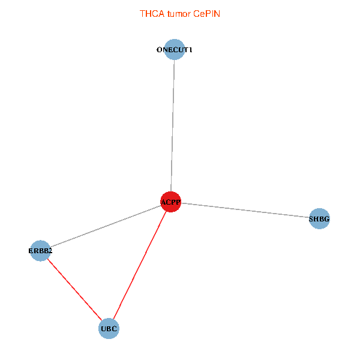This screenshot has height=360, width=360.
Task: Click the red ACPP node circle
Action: [170, 202]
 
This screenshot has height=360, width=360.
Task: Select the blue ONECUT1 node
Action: [174, 50]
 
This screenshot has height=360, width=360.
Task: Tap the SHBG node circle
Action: [319, 219]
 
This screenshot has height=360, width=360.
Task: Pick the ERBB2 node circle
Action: [40, 251]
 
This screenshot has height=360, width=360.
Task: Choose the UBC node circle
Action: [109, 329]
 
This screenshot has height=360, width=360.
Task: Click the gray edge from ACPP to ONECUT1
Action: [172, 126]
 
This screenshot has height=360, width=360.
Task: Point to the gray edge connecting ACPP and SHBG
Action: [246, 211]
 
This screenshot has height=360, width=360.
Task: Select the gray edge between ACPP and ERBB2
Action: [105, 226]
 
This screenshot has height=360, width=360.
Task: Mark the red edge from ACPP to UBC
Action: [140, 265]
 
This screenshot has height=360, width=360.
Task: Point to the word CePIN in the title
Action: [206, 13]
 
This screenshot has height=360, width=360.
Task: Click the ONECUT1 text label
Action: [174, 50]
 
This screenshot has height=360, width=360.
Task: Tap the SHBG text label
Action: [319, 219]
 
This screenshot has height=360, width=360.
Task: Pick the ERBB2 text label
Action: [40, 251]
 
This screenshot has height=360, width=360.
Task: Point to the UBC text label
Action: [109, 329]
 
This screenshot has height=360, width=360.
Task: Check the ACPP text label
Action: [170, 202]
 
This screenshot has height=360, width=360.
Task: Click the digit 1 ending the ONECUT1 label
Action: [190, 50]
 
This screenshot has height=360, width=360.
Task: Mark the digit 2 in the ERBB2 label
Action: [50, 251]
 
